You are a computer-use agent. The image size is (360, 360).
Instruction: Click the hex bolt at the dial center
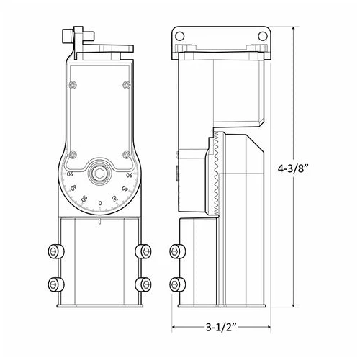pos(99,174)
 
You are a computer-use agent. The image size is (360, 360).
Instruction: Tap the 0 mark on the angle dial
pos(99,204)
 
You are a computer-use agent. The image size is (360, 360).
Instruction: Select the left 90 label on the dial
pos(70,175)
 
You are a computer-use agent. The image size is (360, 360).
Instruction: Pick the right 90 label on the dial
pos(130,175)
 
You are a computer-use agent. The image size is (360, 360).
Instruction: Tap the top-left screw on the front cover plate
pos(72,86)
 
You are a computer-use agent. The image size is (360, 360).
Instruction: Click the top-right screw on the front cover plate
pos(127,86)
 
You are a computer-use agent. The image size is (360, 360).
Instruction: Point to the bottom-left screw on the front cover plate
pos(72,154)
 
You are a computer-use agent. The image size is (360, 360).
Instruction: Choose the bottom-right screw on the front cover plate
pos(127,154)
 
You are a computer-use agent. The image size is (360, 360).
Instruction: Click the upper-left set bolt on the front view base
pos(54,251)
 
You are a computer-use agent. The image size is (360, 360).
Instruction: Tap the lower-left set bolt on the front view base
pos(54,283)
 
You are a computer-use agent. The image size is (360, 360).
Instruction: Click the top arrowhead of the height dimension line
pos(294,27)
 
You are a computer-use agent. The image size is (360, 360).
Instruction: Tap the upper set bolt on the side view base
pos(175,251)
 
